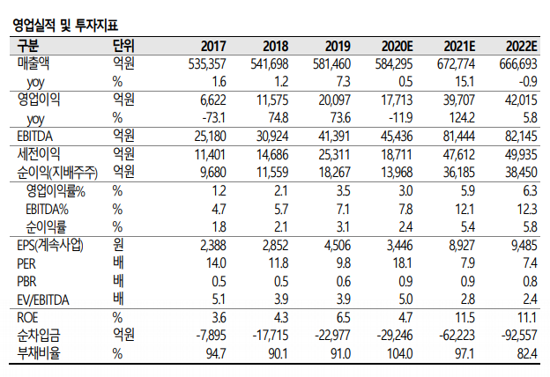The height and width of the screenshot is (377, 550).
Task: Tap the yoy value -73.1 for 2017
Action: (216, 117)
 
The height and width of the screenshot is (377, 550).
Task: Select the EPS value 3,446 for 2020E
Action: (396, 244)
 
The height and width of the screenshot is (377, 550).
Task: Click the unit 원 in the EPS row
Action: (118, 244)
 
